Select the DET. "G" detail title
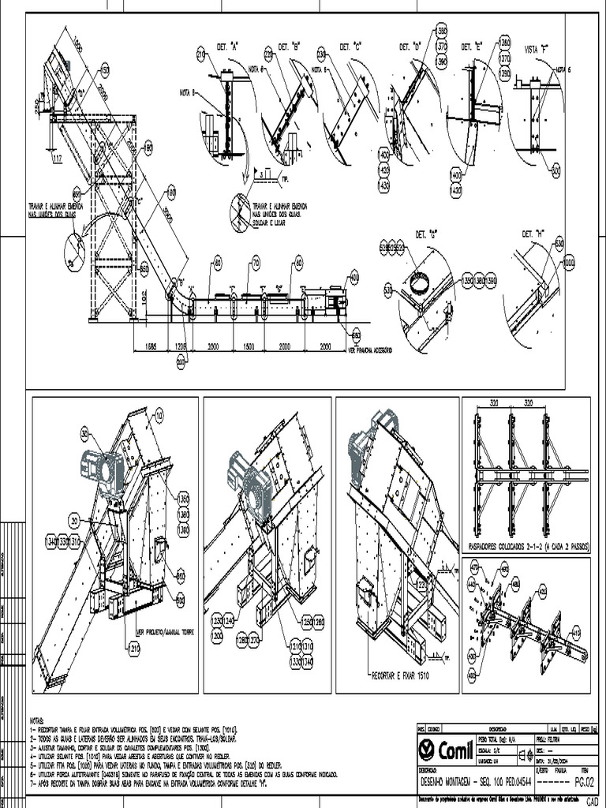tap(415, 234)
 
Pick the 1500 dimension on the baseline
tap(247, 346)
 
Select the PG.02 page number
tap(583, 782)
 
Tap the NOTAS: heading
tap(37, 720)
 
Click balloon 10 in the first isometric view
tap(159, 413)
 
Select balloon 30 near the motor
tap(84, 432)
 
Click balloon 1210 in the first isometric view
tap(133, 648)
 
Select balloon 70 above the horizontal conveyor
tap(256, 262)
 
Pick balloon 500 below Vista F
tap(555, 170)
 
